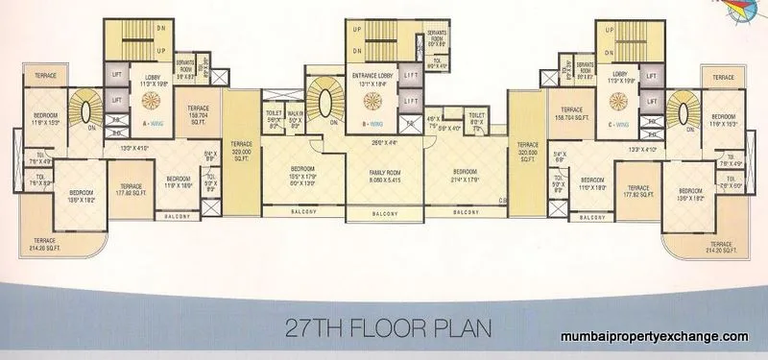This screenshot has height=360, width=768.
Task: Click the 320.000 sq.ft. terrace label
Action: pyautogui.click(x=242, y=156)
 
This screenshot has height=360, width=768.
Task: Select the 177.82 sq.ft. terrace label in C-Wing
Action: pyautogui.click(x=634, y=192)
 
